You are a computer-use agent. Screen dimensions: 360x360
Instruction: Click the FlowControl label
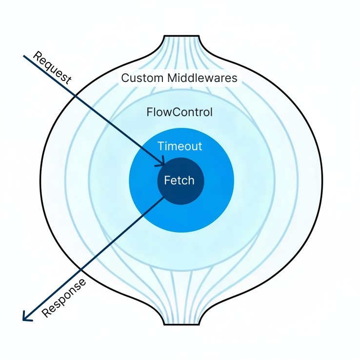(180, 112)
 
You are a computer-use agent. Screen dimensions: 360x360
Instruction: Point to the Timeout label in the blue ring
(180, 146)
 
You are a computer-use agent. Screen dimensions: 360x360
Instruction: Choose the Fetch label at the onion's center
(179, 180)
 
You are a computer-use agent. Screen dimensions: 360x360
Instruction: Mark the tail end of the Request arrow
(24, 56)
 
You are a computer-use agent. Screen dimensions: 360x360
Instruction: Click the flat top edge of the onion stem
(181, 36)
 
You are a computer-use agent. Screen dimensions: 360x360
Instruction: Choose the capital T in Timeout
(161, 146)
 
